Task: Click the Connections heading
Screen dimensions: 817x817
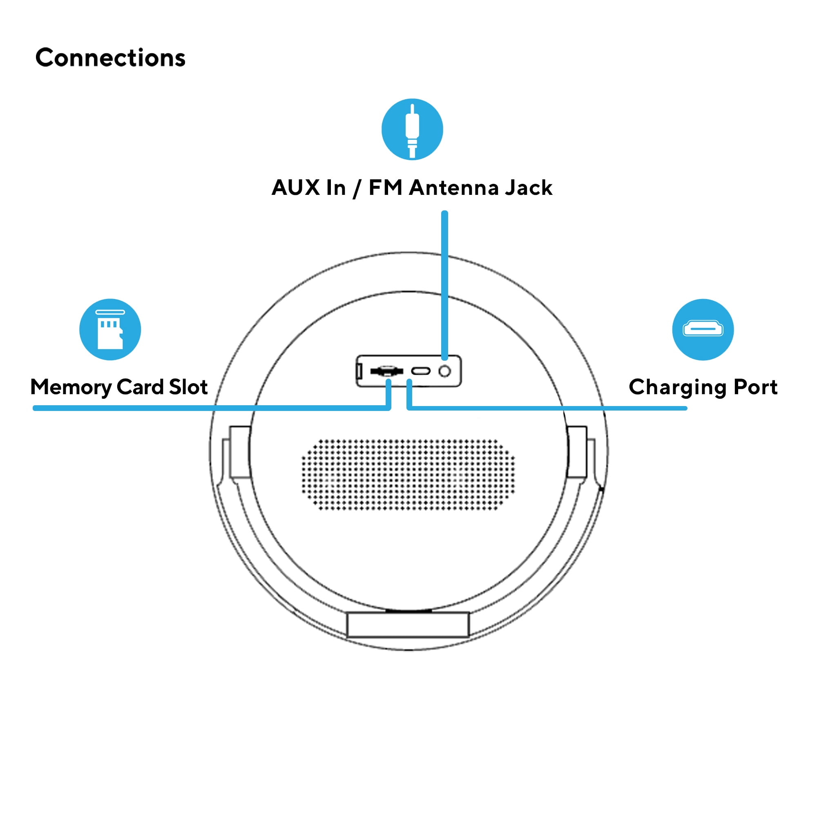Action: click(110, 58)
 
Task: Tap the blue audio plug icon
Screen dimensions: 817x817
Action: click(412, 129)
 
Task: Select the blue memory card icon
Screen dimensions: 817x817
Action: click(110, 329)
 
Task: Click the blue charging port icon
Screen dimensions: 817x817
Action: click(702, 329)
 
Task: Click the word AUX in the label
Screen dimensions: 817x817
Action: click(296, 188)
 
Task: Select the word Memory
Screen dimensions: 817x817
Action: click(71, 387)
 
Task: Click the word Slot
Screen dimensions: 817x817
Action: click(188, 386)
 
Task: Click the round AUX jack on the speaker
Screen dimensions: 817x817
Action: click(444, 371)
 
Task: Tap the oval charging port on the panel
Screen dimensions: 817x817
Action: click(421, 371)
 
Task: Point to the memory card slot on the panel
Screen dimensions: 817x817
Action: click(386, 371)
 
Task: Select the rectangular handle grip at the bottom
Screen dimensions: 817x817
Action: click(408, 624)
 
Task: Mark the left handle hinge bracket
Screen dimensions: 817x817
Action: click(239, 452)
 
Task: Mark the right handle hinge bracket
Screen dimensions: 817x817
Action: click(577, 452)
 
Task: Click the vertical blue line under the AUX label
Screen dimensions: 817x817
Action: click(444, 283)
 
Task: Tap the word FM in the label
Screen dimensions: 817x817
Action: click(385, 188)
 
